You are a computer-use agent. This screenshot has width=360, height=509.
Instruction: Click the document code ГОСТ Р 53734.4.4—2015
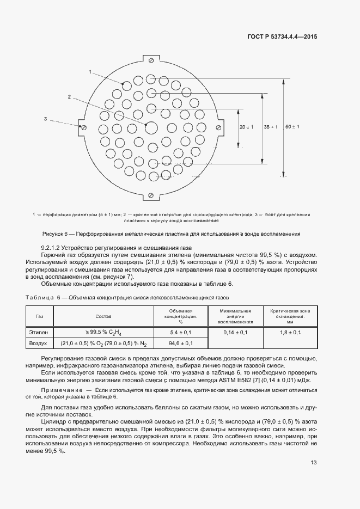tap(283, 38)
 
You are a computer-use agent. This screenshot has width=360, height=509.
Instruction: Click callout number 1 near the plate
tap(90, 71)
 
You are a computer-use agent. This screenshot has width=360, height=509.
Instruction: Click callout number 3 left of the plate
tap(46, 118)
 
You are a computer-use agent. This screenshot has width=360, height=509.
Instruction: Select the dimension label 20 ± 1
tap(246, 127)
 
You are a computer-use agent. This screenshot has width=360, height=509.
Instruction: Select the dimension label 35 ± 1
tap(270, 127)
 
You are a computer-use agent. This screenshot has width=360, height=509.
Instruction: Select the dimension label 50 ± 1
tap(292, 126)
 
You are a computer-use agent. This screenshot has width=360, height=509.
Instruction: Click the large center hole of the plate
tap(151, 127)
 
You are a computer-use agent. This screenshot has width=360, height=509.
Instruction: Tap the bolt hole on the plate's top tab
tap(151, 59)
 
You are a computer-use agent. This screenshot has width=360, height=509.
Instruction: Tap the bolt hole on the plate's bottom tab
tap(151, 195)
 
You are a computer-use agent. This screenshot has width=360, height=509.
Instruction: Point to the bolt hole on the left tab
tap(83, 127)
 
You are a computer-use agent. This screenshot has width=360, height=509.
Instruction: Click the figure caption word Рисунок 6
tap(54, 234)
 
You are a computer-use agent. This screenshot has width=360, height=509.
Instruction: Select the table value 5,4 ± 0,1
tap(181, 332)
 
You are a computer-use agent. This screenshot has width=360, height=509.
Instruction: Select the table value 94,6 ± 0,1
tap(181, 344)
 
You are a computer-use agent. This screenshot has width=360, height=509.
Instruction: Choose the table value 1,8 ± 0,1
tap(290, 332)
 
